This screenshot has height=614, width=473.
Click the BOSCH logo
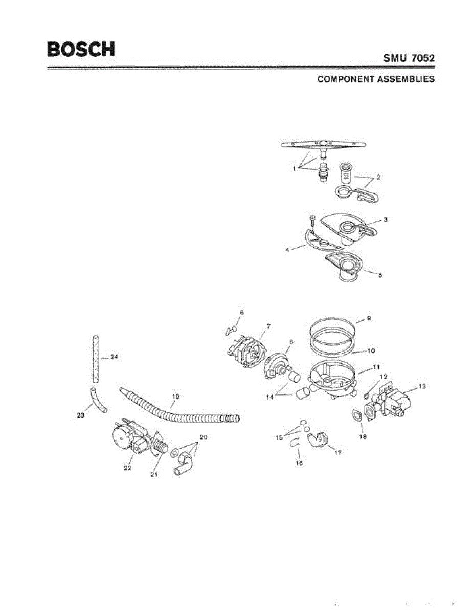click(x=81, y=49)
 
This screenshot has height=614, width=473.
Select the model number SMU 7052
click(x=409, y=58)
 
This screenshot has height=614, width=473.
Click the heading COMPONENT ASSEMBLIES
click(x=376, y=79)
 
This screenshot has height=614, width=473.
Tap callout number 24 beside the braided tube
click(x=114, y=357)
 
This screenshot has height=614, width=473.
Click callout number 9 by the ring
click(x=368, y=318)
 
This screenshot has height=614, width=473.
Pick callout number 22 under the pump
click(x=128, y=468)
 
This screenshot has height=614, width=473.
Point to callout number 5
click(x=379, y=275)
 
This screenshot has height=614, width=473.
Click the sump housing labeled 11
click(x=331, y=380)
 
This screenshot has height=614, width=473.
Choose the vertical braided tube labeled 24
click(x=94, y=358)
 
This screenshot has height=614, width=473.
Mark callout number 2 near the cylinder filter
click(x=378, y=178)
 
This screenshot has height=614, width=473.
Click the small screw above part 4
click(x=312, y=220)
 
